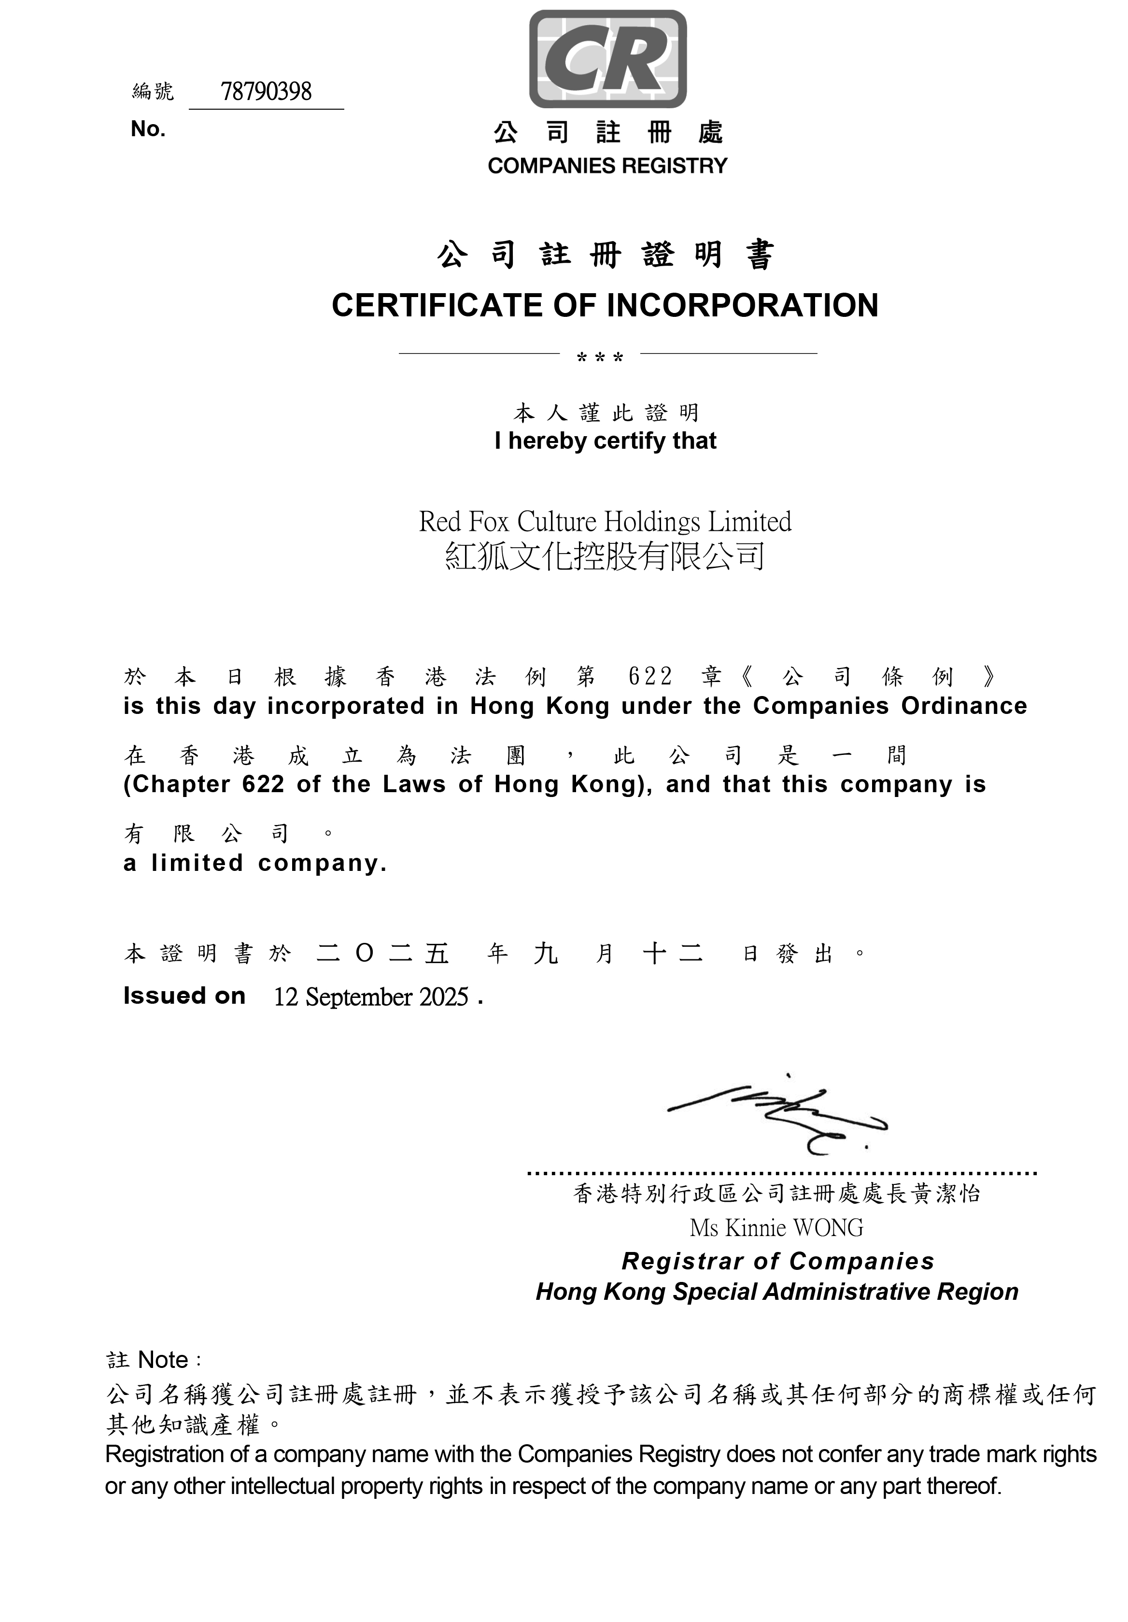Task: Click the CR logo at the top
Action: pos(607,58)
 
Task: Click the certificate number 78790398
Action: pos(266,92)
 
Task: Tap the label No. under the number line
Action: pos(148,129)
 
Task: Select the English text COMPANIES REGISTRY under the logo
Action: pos(606,166)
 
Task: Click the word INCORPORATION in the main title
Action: pos(742,306)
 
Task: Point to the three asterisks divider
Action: pos(600,357)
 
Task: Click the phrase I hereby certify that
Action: pos(606,441)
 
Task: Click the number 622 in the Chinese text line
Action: pos(650,677)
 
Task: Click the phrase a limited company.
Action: pos(255,863)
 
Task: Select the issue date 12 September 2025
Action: pos(371,997)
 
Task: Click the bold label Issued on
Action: pos(184,996)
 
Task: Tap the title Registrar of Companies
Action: pos(777,1261)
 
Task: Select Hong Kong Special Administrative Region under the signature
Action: pos(777,1292)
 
